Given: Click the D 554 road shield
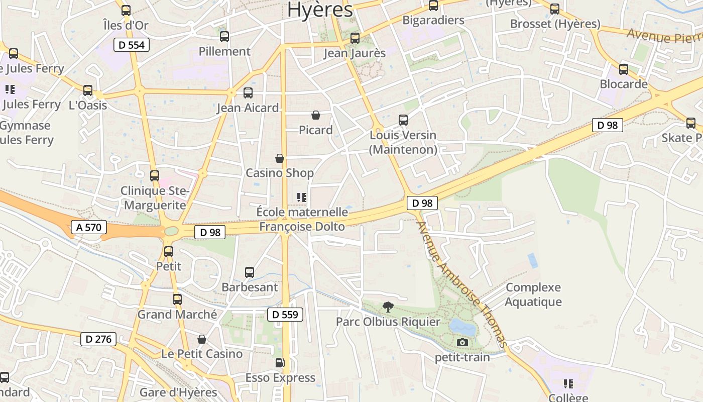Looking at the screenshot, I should tap(132, 45).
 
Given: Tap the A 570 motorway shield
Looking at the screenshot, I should tap(88, 227).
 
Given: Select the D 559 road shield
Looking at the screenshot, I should tap(285, 315).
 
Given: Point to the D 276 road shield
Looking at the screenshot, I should tap(98, 339).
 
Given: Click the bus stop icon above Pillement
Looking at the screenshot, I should tap(224, 37).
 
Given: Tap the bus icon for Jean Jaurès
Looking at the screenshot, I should tap(355, 38).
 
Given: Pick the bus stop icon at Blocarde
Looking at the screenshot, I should tap(624, 69).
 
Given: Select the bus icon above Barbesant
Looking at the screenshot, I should tap(250, 272).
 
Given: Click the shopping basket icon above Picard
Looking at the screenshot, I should tap(316, 116).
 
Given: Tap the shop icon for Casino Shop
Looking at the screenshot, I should tap(280, 158).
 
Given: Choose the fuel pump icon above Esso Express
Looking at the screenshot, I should tap(280, 363).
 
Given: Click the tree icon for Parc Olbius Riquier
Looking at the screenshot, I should tap(388, 307).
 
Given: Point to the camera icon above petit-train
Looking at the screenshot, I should tap(462, 343).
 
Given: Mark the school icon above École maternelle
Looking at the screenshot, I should tap(302, 197).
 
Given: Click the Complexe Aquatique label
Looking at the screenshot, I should tap(533, 294).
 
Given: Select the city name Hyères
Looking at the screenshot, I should tap(320, 10).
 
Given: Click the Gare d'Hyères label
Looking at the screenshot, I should tap(178, 392).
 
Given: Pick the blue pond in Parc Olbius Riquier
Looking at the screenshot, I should tap(462, 328).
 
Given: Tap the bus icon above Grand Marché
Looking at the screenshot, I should tap(177, 299).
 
